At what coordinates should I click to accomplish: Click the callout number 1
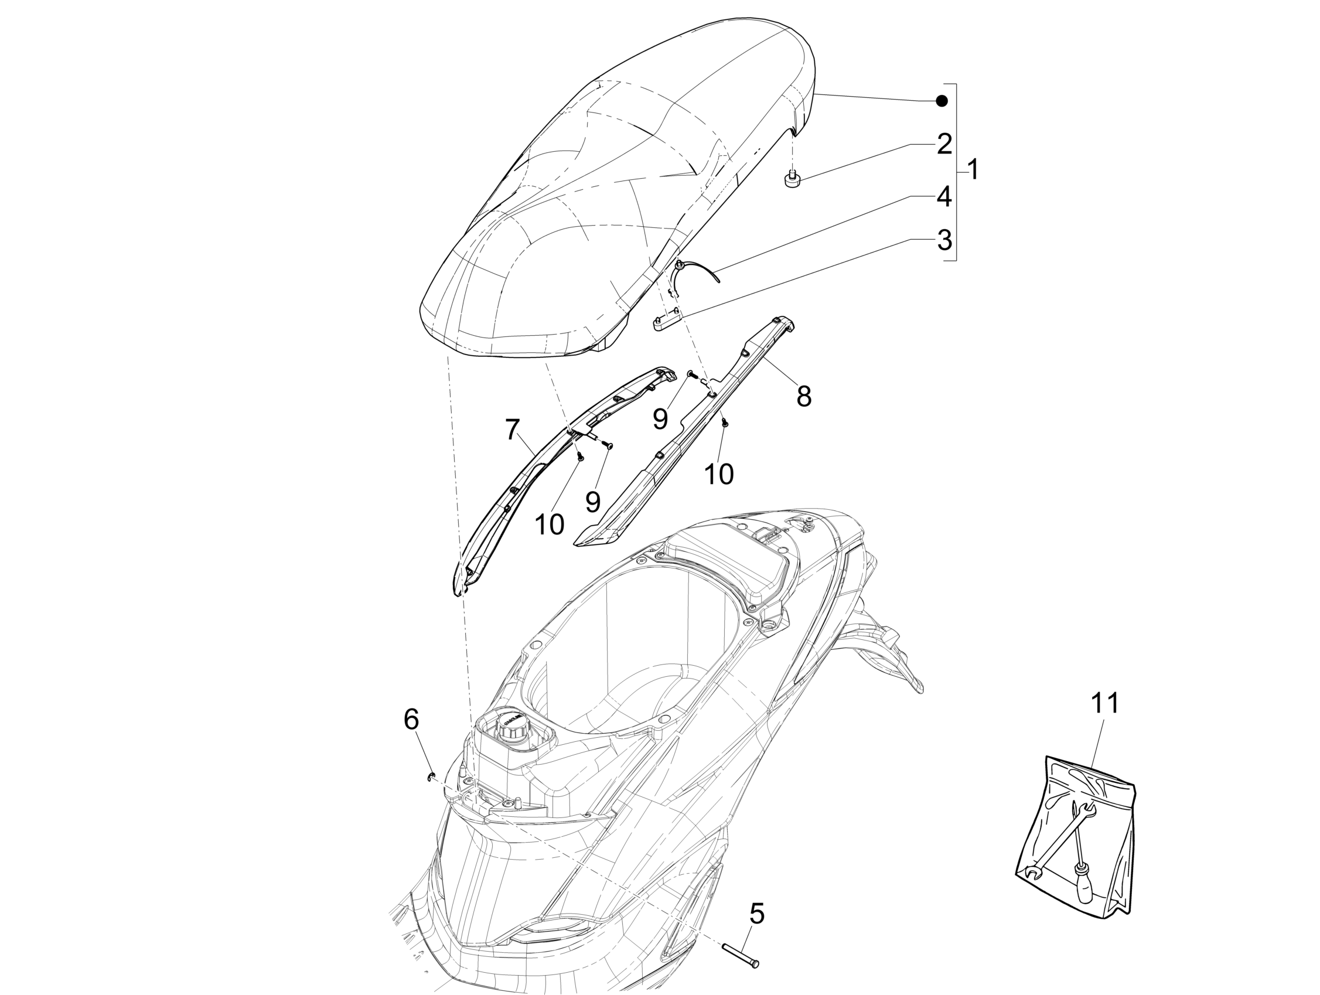(973, 170)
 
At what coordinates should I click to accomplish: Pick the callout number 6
(411, 719)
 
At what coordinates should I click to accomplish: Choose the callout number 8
(804, 396)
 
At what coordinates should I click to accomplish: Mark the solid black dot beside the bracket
(942, 101)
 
